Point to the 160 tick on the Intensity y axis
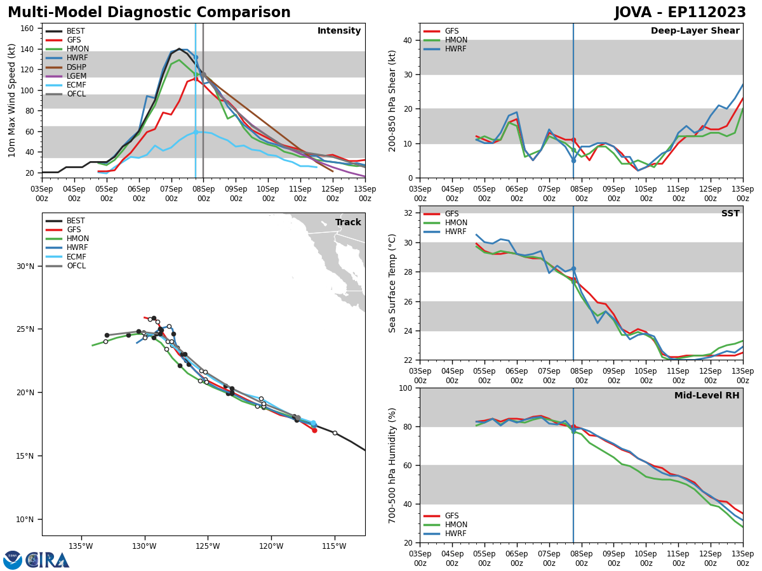coord(28,29)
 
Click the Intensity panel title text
coord(339,31)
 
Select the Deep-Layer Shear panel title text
coord(695,31)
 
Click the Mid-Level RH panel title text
coord(707,396)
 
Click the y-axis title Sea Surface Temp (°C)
coord(393,283)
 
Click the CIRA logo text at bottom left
coord(48,560)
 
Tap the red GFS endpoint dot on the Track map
coord(314,430)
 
